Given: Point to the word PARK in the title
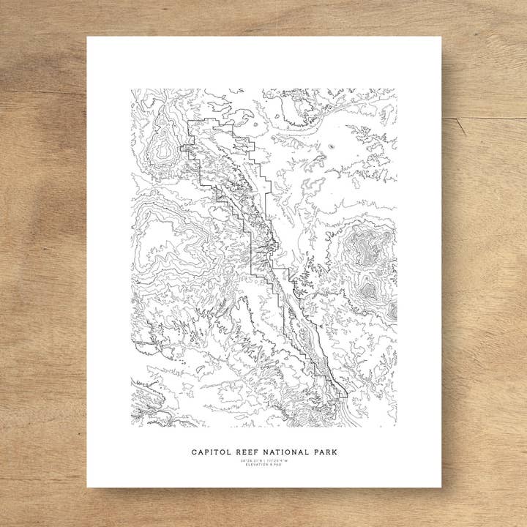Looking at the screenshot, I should point(323,452).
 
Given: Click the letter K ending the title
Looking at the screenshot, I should point(334,452).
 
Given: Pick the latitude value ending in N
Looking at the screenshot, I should point(251,460).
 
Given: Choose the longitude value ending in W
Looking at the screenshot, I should point(277,460).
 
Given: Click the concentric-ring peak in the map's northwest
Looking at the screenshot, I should point(163,149).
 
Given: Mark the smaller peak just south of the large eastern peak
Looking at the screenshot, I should point(368,290).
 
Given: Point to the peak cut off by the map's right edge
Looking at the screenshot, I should point(392,311).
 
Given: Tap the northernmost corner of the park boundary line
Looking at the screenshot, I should point(190,121).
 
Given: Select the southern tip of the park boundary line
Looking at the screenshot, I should point(345,397).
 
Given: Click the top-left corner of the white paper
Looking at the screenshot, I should point(87,37).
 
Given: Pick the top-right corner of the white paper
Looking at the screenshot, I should point(441,37).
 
